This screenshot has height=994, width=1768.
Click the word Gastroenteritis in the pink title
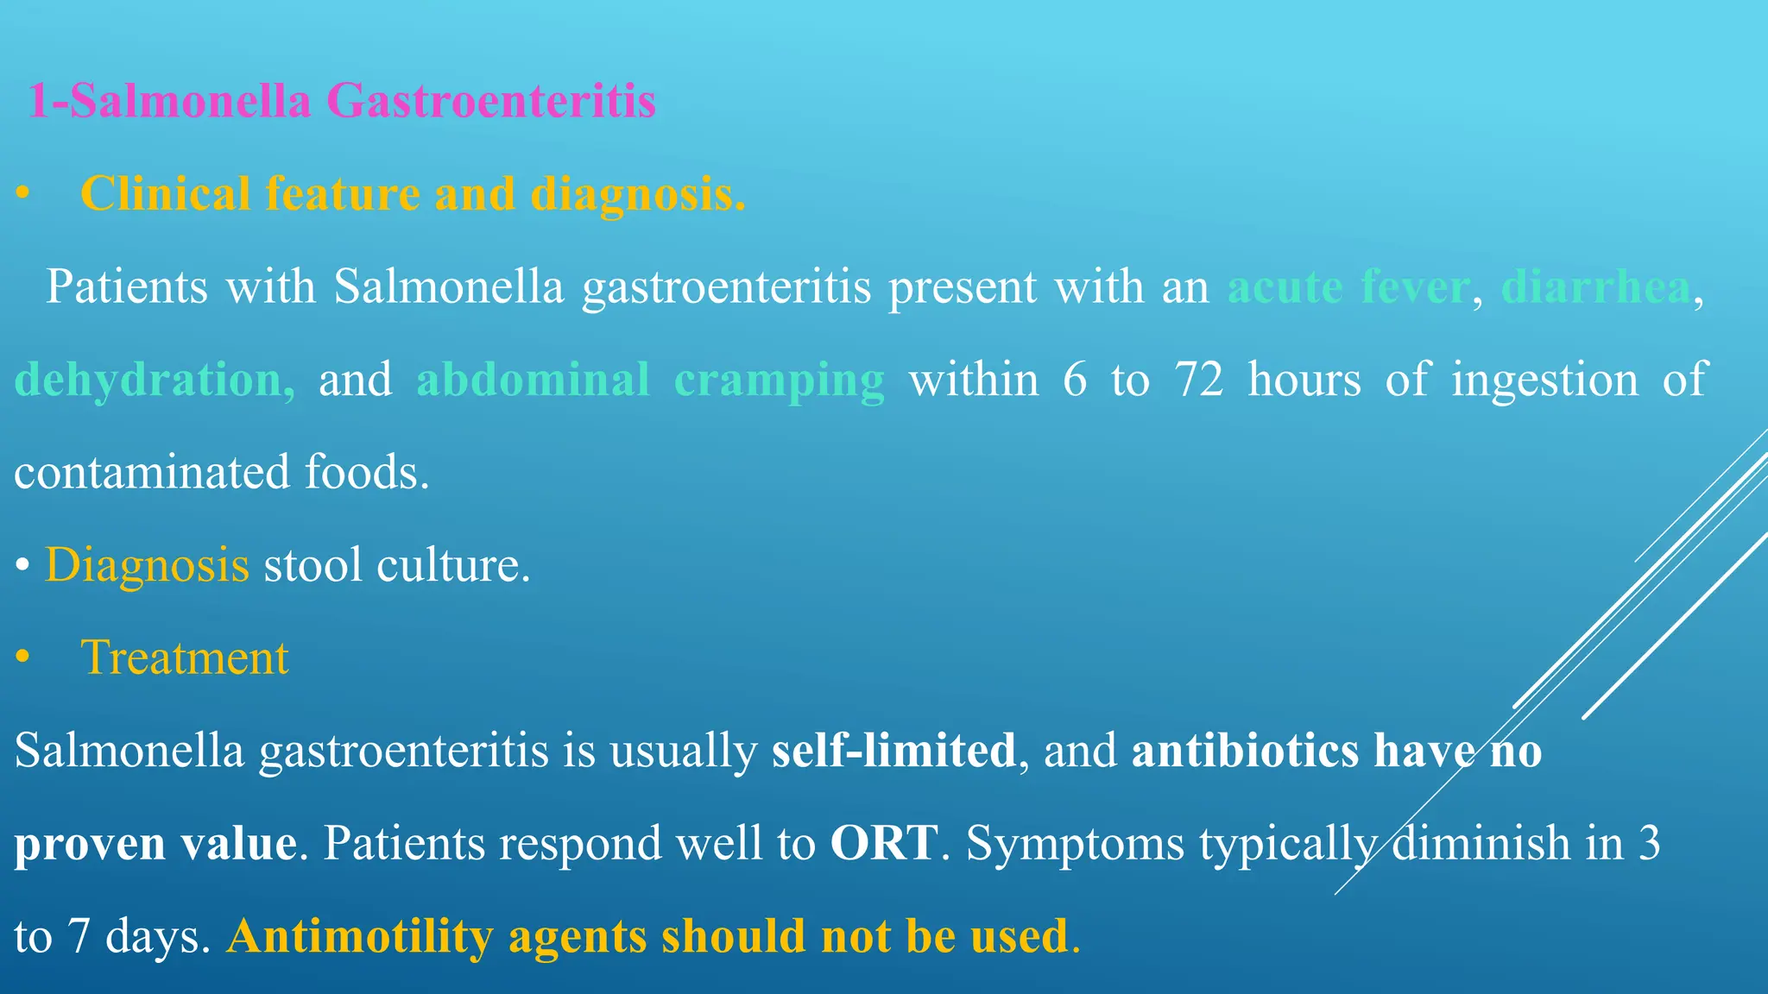click(x=491, y=101)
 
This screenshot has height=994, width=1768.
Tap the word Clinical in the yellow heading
click(x=165, y=193)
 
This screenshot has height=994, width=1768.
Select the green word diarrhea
click(x=1595, y=286)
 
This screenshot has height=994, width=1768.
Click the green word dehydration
click(x=155, y=380)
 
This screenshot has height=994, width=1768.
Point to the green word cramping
click(x=779, y=380)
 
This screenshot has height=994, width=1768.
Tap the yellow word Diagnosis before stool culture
click(x=147, y=565)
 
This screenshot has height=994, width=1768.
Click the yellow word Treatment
click(x=184, y=657)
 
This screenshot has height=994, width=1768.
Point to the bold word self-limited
click(x=893, y=750)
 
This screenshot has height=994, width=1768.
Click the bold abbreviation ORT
click(x=883, y=843)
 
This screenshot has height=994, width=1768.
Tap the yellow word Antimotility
click(x=360, y=936)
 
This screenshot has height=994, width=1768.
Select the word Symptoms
click(x=1074, y=843)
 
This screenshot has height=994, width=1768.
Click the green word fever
click(x=1415, y=286)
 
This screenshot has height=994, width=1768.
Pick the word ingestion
click(x=1544, y=380)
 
